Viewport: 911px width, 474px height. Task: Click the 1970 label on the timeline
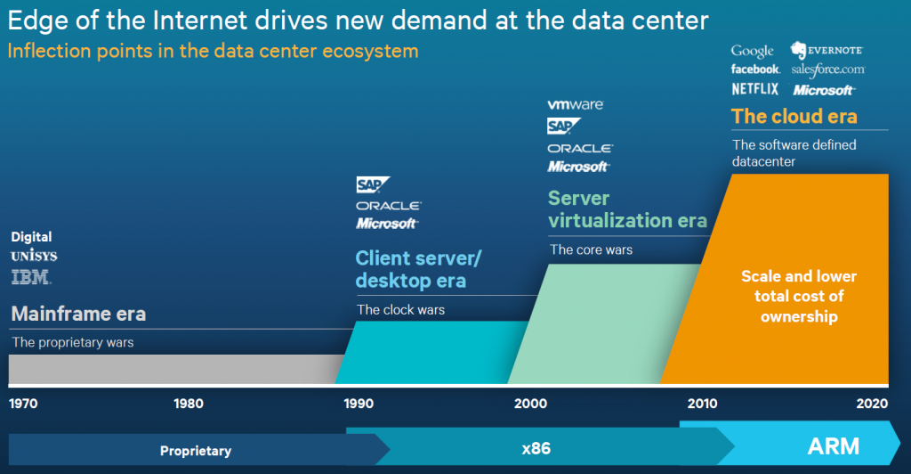23,404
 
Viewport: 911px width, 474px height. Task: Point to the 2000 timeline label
530,404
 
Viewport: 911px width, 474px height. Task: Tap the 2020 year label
873,404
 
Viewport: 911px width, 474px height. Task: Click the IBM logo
31,277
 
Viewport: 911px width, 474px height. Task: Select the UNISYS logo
34,257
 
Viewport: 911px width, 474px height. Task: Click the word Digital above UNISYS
31,237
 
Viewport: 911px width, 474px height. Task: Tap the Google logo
753,51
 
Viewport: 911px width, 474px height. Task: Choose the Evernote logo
826,50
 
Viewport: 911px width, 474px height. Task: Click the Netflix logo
755,89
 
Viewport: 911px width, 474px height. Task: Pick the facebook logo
755,69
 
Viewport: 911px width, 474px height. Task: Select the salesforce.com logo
827,69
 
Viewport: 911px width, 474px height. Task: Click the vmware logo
576,105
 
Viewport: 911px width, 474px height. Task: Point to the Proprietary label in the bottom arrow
196,451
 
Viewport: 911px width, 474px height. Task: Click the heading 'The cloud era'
794,117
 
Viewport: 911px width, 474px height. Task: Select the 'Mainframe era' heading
78,314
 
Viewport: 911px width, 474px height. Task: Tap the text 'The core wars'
591,249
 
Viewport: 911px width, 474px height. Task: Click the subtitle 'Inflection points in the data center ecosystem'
213,51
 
